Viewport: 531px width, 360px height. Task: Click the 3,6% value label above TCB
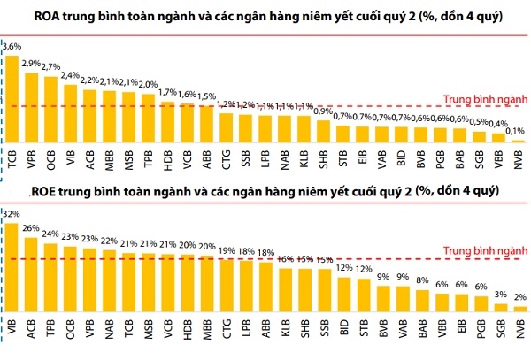pos(12,45)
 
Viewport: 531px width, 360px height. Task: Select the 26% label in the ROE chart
pos(32,228)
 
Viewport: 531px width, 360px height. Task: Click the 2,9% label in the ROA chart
pos(33,63)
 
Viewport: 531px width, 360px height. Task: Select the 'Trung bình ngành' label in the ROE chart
pos(479,249)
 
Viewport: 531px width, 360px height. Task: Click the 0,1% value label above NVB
pos(519,131)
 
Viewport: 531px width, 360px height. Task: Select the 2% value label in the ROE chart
pos(519,297)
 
